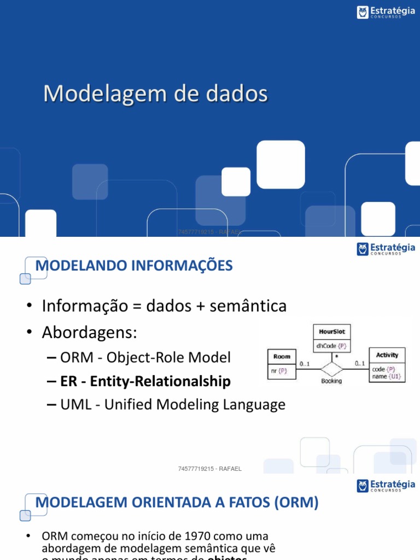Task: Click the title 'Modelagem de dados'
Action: click(x=155, y=94)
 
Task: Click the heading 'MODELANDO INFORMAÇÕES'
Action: click(x=134, y=266)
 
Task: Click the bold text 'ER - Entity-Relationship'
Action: click(x=145, y=381)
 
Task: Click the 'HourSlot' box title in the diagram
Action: click(x=332, y=332)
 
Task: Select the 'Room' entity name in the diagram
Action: click(x=282, y=356)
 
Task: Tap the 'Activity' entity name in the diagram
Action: click(x=387, y=355)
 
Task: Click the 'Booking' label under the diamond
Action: click(x=331, y=381)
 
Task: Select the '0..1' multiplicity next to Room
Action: click(x=305, y=363)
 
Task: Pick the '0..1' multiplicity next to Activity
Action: click(x=359, y=363)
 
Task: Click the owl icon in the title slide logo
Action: click(x=363, y=12)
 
